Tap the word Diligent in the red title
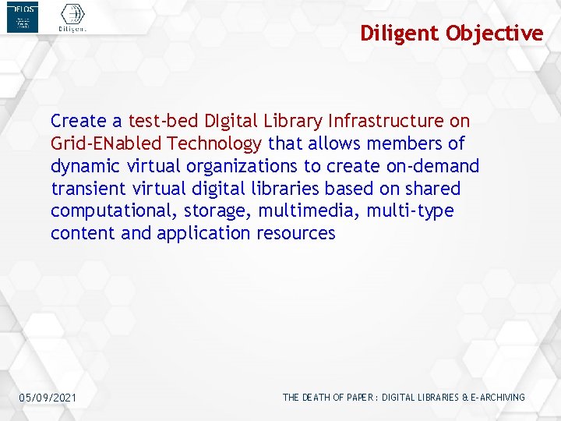400,34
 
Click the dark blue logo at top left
22,18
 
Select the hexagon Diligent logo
72,17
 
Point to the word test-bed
163,121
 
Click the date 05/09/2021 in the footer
48,398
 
